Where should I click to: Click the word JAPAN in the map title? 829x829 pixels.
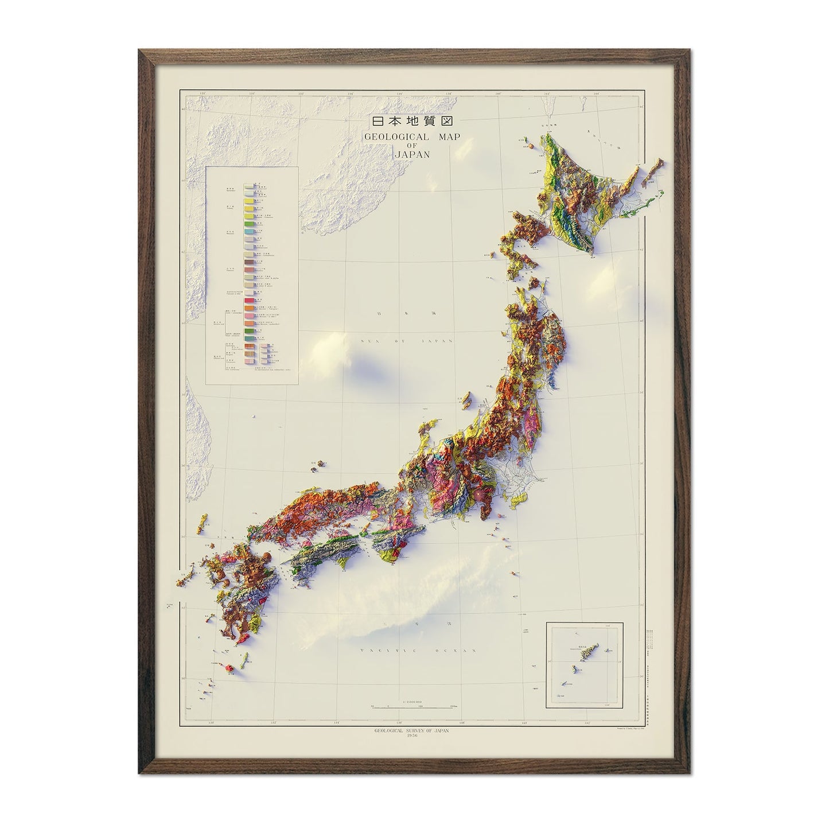(412, 154)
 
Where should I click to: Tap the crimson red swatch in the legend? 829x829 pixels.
(249, 301)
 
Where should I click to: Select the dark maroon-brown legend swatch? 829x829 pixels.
(249, 263)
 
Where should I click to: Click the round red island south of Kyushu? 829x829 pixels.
(231, 668)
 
